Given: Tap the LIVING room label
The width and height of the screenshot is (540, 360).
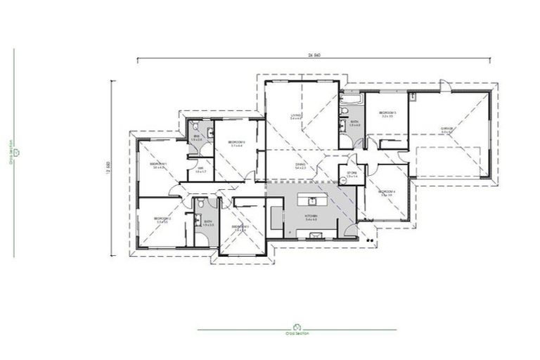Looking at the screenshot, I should tap(296, 115).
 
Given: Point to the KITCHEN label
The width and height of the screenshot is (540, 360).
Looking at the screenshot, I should tap(311, 215).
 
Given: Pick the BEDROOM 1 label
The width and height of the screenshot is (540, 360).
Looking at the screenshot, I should tap(157, 164).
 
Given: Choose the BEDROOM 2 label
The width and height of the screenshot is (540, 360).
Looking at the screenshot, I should tap(161, 219).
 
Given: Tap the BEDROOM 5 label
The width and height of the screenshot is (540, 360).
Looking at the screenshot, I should tap(387, 113).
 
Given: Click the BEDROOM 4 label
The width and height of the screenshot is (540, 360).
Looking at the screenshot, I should tap(386, 192).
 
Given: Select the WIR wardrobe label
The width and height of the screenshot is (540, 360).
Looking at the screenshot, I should tap(200, 169).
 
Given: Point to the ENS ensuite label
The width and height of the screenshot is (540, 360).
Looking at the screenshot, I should tap(196, 137).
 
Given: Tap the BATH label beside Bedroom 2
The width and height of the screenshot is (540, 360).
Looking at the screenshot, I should tap(207, 222).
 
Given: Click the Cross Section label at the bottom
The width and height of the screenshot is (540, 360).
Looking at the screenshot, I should tap(296, 332).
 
